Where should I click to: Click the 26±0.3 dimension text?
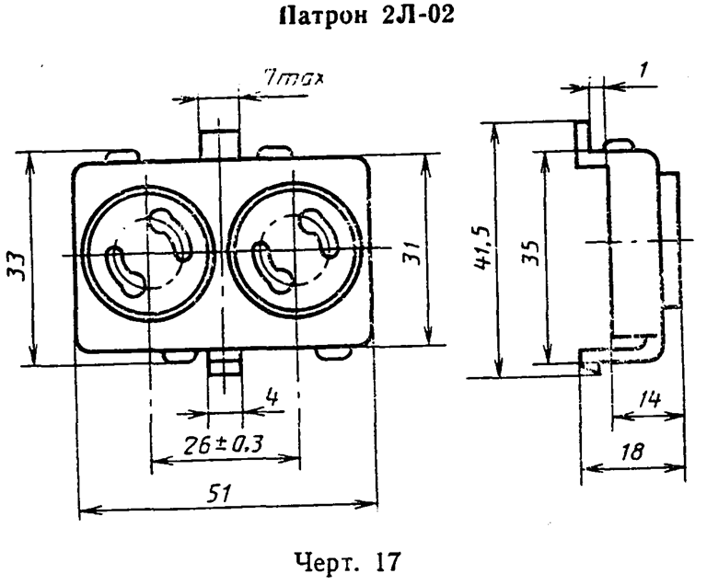(x=225, y=444)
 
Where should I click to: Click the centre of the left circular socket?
(x=148, y=253)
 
